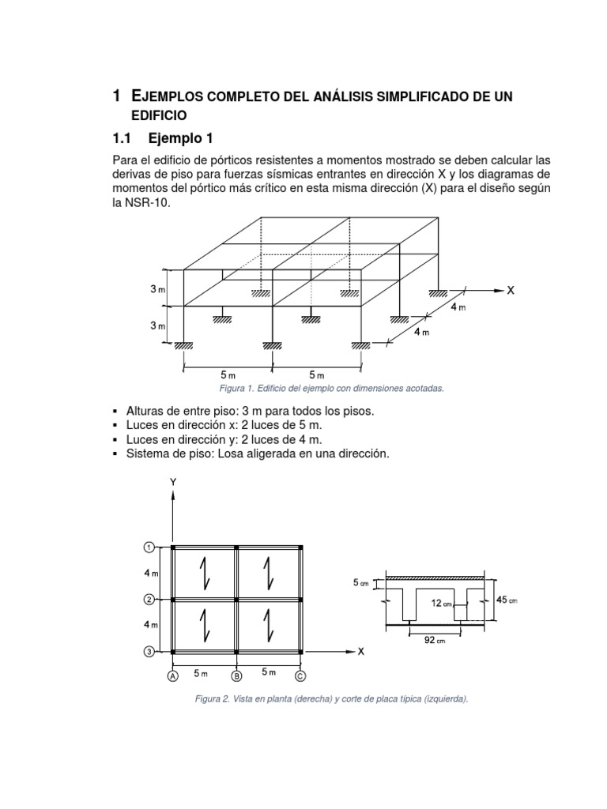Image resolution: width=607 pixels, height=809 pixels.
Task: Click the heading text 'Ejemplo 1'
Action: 180,138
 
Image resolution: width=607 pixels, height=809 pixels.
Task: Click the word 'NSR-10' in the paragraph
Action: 148,203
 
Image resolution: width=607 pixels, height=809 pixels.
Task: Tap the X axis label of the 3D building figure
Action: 511,290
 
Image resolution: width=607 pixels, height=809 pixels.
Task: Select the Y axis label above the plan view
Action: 172,481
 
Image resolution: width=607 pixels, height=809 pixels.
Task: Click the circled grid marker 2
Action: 148,600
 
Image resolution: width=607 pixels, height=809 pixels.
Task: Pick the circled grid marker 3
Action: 148,652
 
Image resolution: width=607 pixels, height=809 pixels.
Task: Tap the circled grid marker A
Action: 172,676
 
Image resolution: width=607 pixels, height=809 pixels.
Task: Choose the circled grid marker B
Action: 236,676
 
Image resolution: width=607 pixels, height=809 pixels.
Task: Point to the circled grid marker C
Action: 300,676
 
